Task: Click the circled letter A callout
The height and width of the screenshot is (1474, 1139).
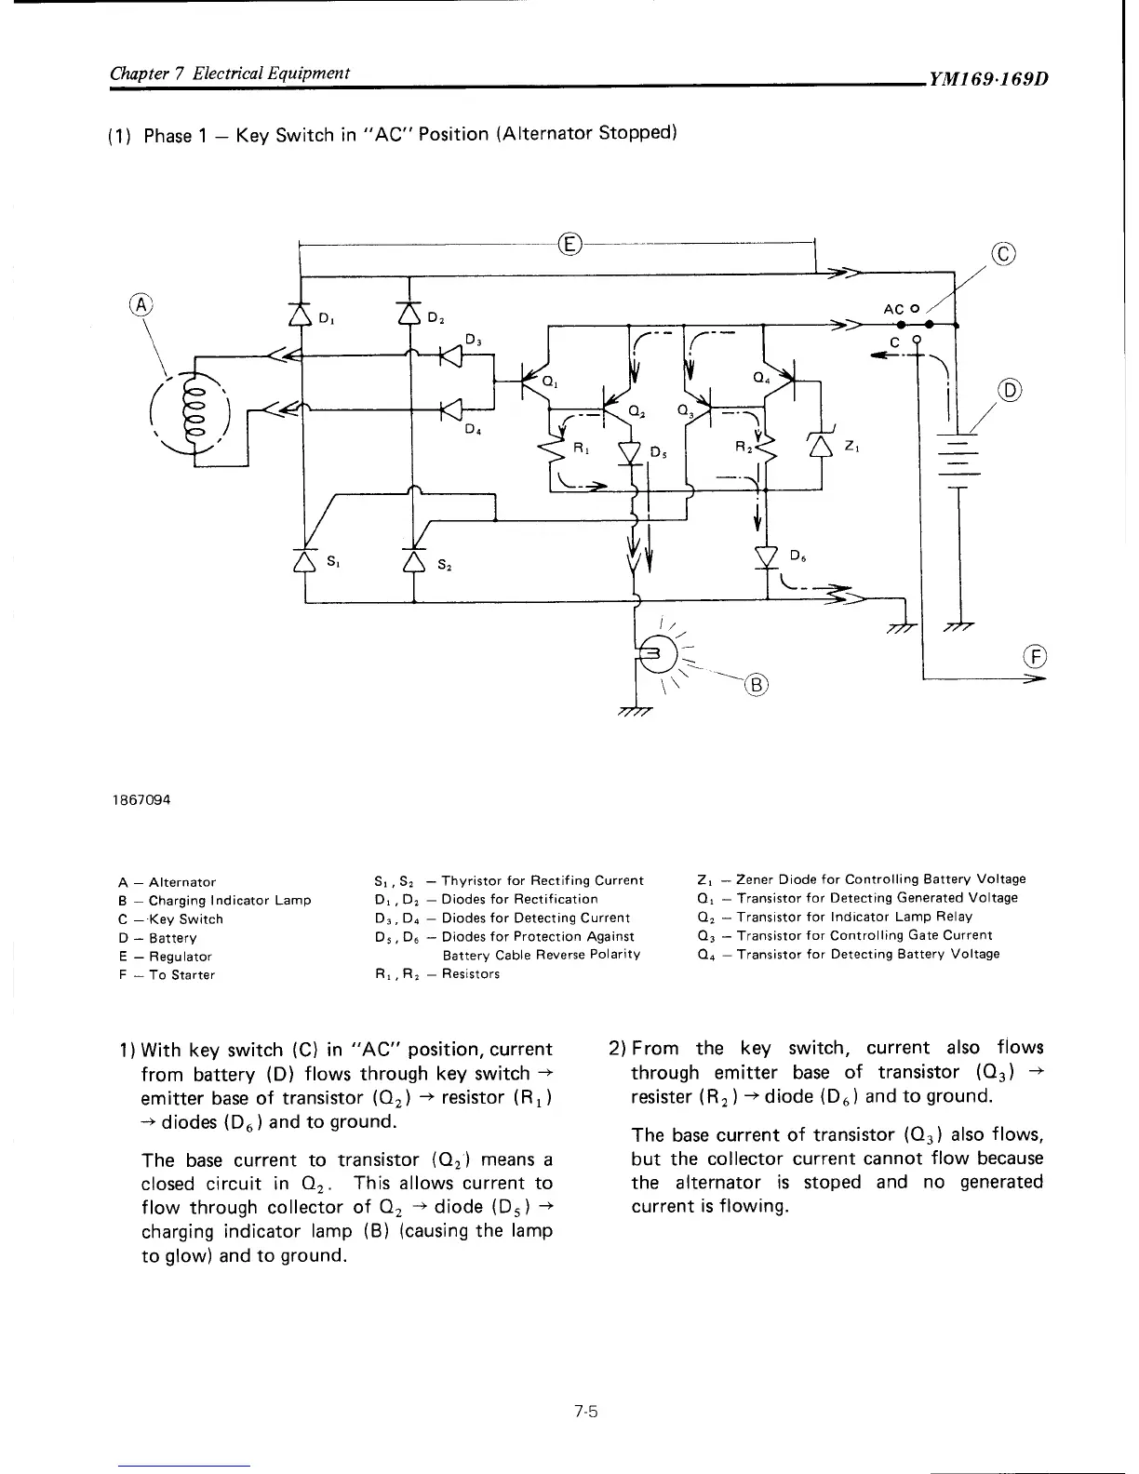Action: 140,304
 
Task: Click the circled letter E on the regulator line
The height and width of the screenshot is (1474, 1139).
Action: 569,245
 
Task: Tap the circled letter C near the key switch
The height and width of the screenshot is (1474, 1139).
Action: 1003,253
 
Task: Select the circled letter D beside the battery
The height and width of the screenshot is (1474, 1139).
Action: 1009,390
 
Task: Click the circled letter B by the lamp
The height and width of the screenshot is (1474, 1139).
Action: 757,686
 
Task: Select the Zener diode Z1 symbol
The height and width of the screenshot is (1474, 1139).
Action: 821,447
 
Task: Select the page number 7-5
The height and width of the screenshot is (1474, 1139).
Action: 585,1412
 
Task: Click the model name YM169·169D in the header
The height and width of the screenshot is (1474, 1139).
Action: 986,78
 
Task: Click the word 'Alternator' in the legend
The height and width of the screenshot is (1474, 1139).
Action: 182,881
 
